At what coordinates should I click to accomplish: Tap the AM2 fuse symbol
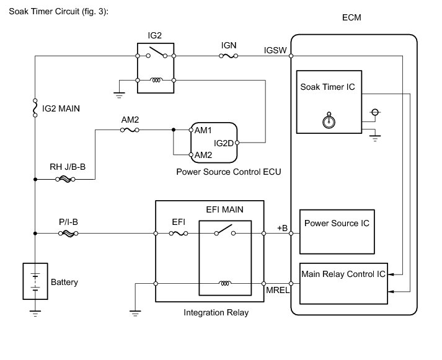128,130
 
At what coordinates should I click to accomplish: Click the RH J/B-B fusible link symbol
65,180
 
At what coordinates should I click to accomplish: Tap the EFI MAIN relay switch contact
224,232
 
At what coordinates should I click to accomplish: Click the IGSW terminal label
275,49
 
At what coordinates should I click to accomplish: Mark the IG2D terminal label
223,143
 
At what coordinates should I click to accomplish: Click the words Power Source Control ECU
224,172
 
